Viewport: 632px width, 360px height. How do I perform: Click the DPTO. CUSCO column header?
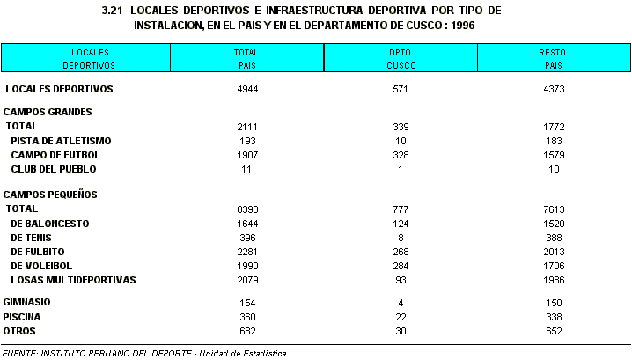pyautogui.click(x=401, y=59)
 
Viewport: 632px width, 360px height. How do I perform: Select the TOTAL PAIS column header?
pyautogui.click(x=246, y=59)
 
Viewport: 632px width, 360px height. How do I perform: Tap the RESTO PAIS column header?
pyautogui.click(x=553, y=59)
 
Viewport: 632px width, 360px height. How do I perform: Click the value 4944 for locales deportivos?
pyautogui.click(x=247, y=89)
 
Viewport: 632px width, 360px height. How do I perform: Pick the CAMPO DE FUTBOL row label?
pyautogui.click(x=55, y=155)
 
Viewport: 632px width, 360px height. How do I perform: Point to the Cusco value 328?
pyautogui.click(x=401, y=155)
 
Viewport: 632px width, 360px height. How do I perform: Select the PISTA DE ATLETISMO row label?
pyautogui.click(x=61, y=141)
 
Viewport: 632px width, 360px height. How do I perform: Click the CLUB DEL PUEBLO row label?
pyautogui.click(x=54, y=169)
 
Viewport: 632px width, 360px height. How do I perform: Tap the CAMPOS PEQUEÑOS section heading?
pyautogui.click(x=50, y=195)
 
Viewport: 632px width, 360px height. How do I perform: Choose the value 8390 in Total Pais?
pyautogui.click(x=247, y=209)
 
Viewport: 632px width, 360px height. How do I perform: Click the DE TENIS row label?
pyautogui.click(x=31, y=238)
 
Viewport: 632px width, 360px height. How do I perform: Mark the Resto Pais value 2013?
pyautogui.click(x=554, y=252)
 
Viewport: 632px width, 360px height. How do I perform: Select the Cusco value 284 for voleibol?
pyautogui.click(x=401, y=266)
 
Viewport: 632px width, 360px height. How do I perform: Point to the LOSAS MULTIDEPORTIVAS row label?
pyautogui.click(x=73, y=280)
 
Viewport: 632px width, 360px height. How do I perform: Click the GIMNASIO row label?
pyautogui.click(x=26, y=303)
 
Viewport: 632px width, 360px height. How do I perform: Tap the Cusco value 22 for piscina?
pyautogui.click(x=401, y=317)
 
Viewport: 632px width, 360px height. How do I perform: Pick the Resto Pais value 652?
pyautogui.click(x=554, y=331)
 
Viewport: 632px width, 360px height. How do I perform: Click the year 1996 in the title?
pyautogui.click(x=463, y=26)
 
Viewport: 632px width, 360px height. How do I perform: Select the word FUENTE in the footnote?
pyautogui.click(x=20, y=354)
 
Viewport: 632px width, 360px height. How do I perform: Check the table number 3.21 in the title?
pyautogui.click(x=112, y=11)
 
